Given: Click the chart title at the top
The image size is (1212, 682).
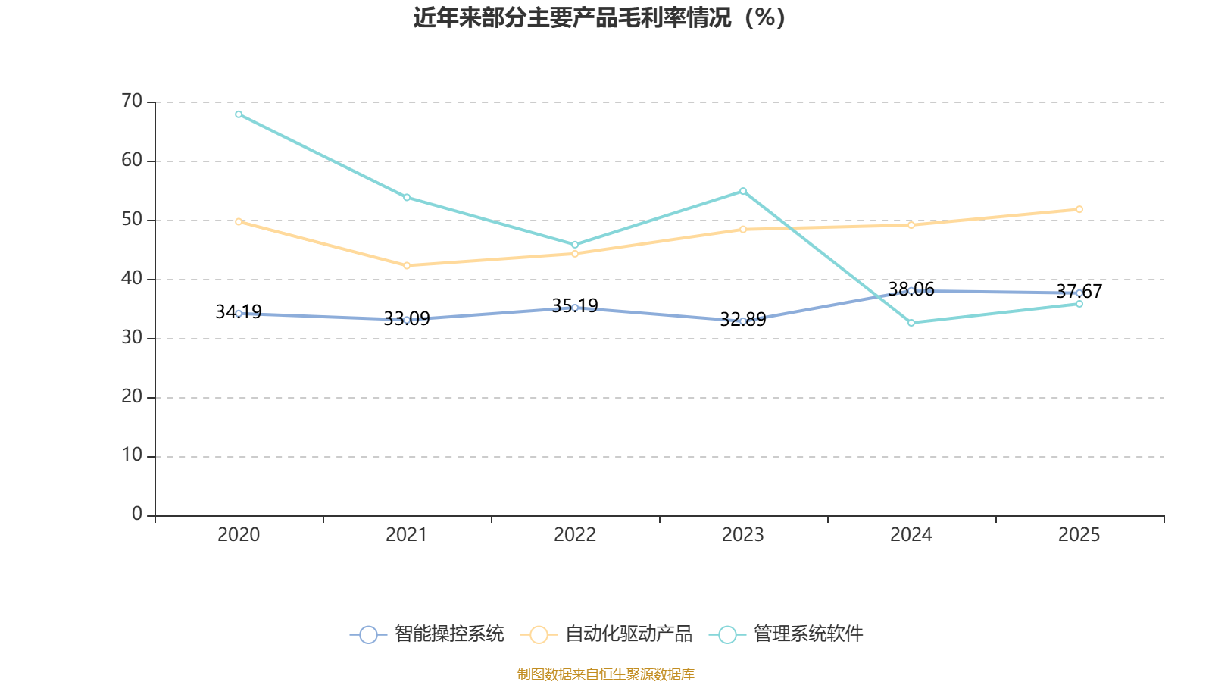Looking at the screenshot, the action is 599,18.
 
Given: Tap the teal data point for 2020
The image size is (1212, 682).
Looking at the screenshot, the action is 239,114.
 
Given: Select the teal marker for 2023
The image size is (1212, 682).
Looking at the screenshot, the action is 743,191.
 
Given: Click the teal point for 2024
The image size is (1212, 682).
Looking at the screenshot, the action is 911,323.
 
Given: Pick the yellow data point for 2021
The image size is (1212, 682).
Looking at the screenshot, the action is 407,265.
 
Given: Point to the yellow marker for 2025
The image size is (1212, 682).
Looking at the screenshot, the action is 1079,209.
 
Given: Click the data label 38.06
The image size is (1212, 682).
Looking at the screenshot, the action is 911,289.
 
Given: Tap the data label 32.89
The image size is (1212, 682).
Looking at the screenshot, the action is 743,319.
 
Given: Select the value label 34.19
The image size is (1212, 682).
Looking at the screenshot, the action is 239,311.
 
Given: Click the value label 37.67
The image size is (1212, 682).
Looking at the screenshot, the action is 1079,291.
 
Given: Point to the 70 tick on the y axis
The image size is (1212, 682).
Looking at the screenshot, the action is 132,102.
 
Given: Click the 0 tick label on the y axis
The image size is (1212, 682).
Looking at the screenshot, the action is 137,514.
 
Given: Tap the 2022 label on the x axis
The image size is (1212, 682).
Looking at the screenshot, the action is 575,535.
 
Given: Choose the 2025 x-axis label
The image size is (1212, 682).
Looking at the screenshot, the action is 1079,535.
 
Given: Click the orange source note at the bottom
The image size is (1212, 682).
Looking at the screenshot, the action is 606,674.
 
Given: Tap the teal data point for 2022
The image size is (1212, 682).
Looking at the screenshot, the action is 575,245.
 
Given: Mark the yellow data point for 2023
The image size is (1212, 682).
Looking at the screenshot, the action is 743,230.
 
